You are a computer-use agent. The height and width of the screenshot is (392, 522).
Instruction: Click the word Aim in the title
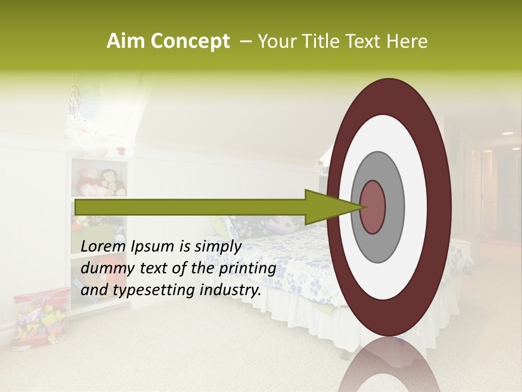click(x=125, y=41)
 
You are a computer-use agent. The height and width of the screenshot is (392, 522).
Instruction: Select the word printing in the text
click(x=247, y=268)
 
